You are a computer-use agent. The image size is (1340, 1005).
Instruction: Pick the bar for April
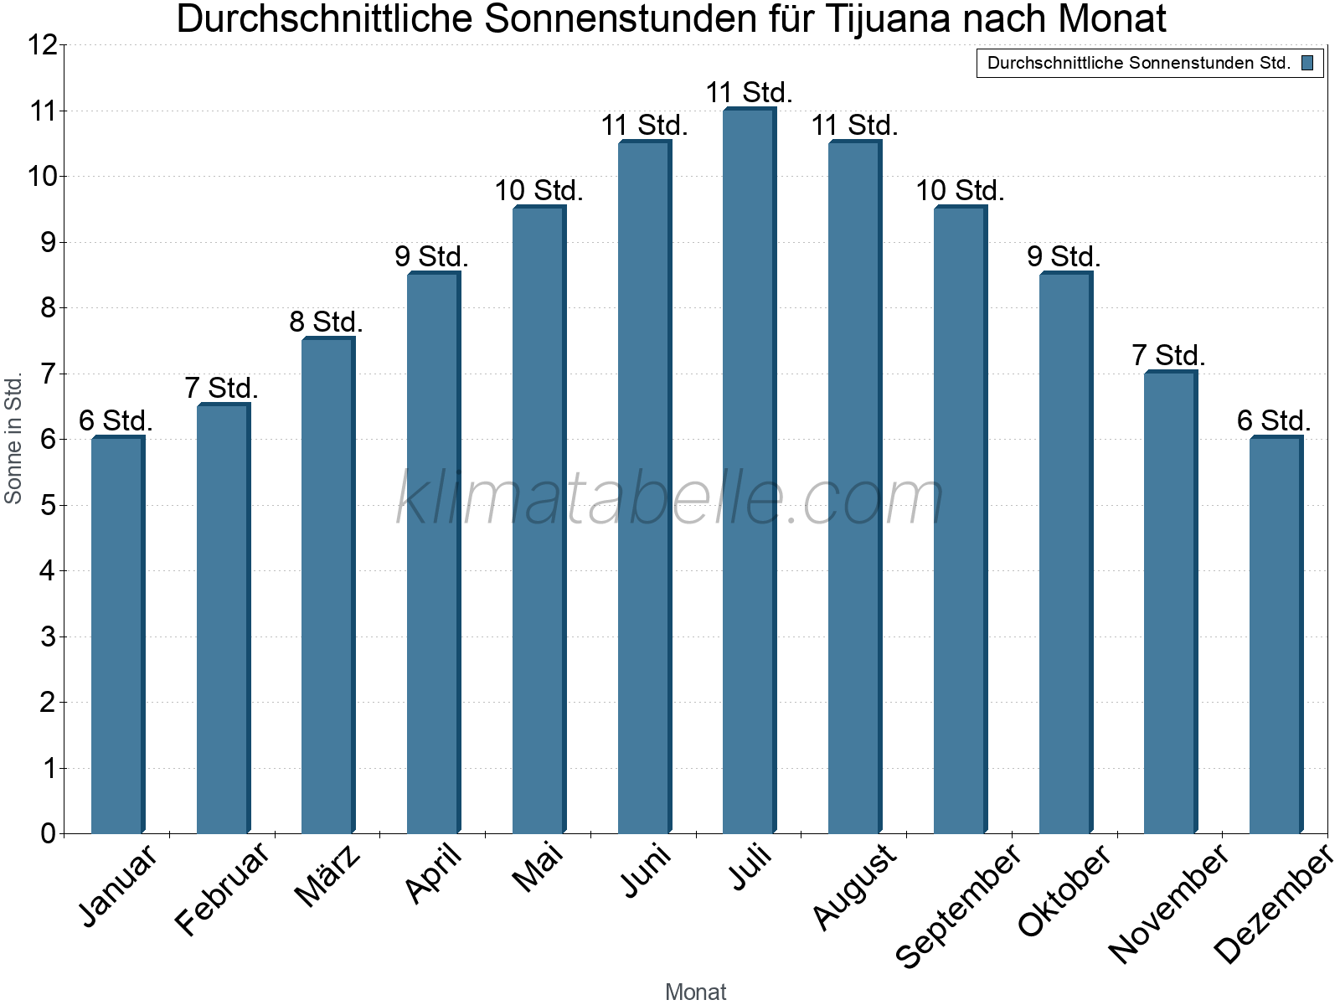coord(433,553)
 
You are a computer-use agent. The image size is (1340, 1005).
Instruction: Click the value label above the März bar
coord(326,322)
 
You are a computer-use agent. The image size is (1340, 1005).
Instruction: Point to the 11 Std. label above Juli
coord(749,92)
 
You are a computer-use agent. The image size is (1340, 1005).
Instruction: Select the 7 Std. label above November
coord(1168,355)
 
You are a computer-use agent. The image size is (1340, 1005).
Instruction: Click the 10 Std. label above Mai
coord(539,191)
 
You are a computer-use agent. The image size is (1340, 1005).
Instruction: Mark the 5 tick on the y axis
coord(47,505)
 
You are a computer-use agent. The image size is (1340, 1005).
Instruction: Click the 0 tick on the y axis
coord(47,833)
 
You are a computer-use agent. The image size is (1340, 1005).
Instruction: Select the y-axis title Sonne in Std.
coord(13,437)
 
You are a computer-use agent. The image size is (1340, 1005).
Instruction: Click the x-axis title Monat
coord(695,992)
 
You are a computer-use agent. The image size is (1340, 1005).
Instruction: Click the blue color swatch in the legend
coord(1307,63)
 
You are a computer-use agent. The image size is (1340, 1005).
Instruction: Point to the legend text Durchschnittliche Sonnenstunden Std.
coord(1138,63)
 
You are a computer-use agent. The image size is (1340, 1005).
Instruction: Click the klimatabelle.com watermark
coord(670,498)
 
